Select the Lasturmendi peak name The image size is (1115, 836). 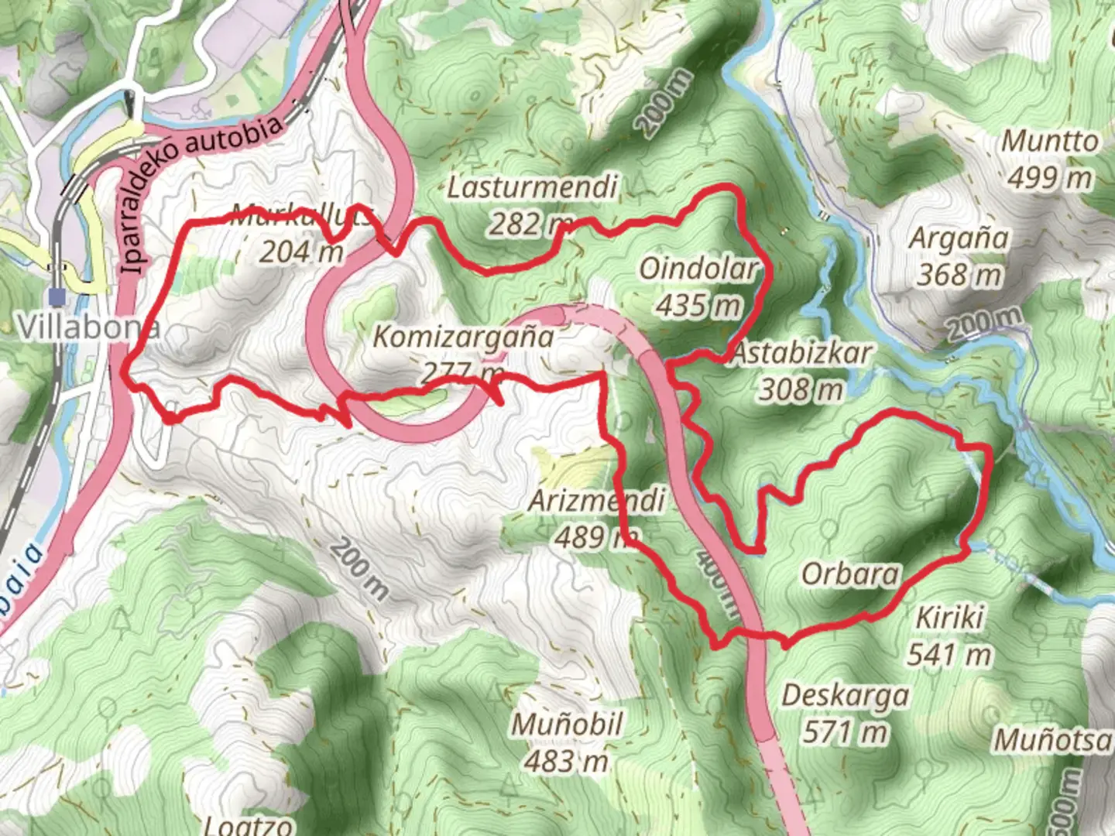pyautogui.click(x=533, y=187)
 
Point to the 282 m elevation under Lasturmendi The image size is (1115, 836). pyautogui.click(x=527, y=224)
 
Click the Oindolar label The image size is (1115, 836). pyautogui.click(x=697, y=269)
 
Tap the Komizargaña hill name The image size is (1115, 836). pyautogui.click(x=463, y=337)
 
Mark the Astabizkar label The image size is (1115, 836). pyautogui.click(x=801, y=354)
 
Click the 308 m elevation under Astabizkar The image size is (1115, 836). pyautogui.click(x=801, y=390)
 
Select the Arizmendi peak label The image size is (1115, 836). pyautogui.click(x=596, y=500)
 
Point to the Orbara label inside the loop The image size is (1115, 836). pyautogui.click(x=850, y=574)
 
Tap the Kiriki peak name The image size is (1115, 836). pyautogui.click(x=949, y=618)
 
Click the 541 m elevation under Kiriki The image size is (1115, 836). pyautogui.click(x=949, y=655)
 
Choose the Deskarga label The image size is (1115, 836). pyautogui.click(x=845, y=695)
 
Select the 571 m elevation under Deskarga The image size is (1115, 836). pyautogui.click(x=845, y=731)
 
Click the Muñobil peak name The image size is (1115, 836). pyautogui.click(x=567, y=725)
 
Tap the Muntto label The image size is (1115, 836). pyautogui.click(x=1049, y=142)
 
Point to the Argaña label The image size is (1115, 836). pyautogui.click(x=959, y=238)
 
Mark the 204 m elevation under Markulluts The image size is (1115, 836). pyautogui.click(x=300, y=252)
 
